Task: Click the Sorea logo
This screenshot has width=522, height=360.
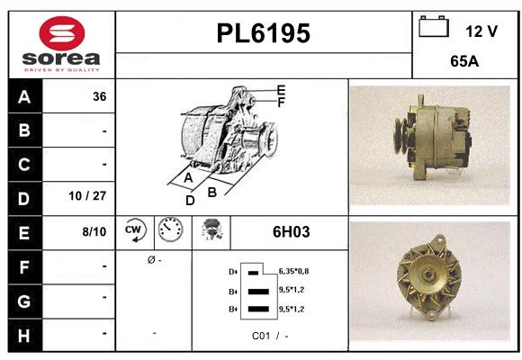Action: [61, 43]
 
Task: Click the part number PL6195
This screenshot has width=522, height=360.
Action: [264, 33]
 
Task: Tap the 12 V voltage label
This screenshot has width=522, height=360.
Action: [481, 31]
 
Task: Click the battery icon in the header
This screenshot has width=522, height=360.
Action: [434, 27]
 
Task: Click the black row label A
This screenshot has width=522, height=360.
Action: [23, 96]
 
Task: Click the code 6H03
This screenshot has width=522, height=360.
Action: [291, 232]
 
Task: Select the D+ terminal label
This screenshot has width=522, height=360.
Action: [234, 270]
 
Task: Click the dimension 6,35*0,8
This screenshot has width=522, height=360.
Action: [294, 270]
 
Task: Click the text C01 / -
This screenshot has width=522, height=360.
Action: [270, 335]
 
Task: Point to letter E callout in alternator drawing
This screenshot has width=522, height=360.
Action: [281, 90]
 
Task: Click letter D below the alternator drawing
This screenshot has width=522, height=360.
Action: [190, 200]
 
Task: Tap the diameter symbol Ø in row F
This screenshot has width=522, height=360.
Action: [149, 259]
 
